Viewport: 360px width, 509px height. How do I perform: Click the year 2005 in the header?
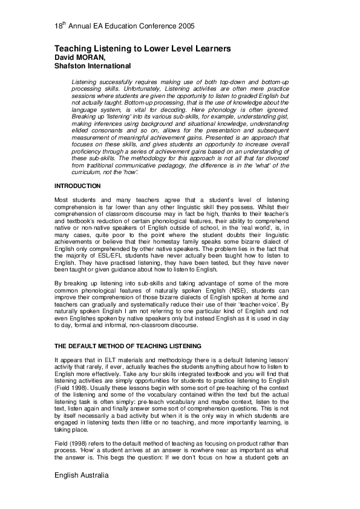tap(187, 27)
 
